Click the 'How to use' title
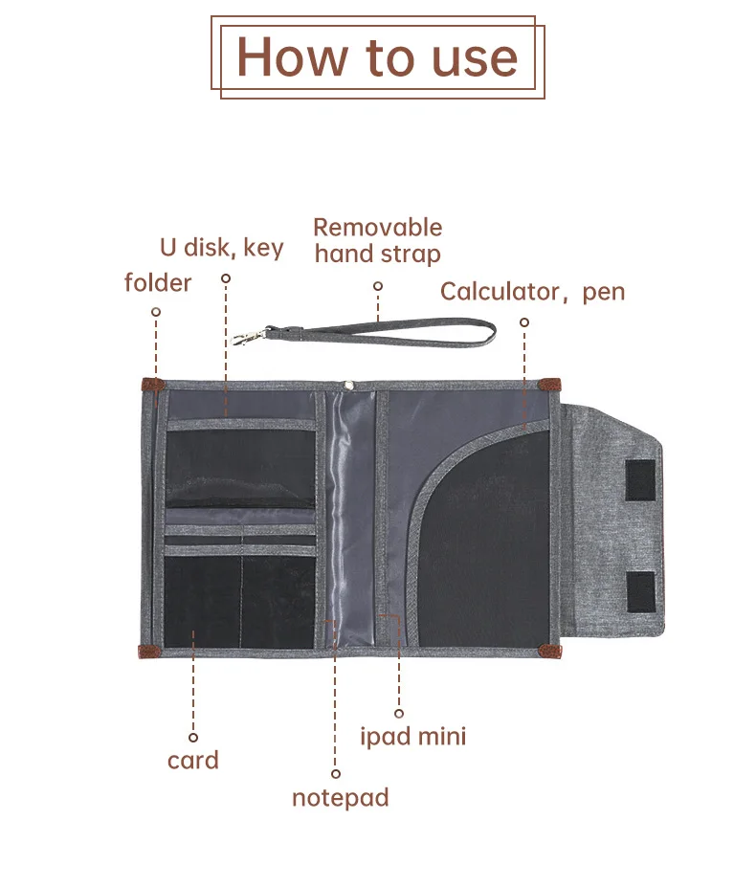[x=377, y=56]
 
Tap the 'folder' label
[x=158, y=282]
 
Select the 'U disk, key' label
[x=222, y=248]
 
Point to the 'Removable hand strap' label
[x=378, y=240]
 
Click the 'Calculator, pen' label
[x=532, y=292]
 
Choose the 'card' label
[x=193, y=761]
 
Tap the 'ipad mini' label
[x=413, y=737]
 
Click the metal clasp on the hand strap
[x=247, y=337]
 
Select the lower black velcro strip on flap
[x=640, y=590]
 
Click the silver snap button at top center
[x=349, y=386]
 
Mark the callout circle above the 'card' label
[x=193, y=738]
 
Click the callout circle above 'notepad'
[x=336, y=774]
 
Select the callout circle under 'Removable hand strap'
[x=378, y=286]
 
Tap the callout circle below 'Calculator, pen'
[x=524, y=322]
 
